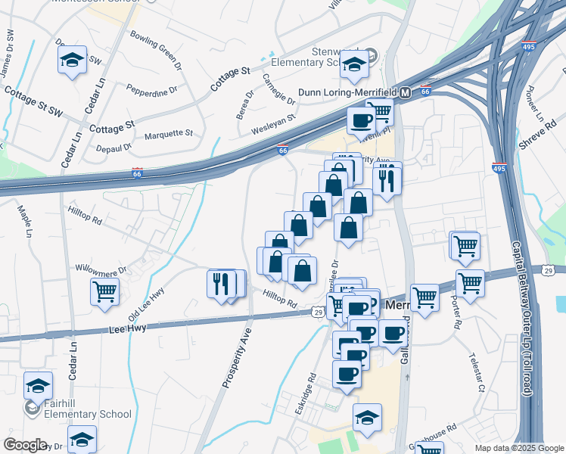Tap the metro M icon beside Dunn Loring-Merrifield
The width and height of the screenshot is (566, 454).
click(x=405, y=92)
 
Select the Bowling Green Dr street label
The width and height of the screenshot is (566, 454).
click(x=156, y=51)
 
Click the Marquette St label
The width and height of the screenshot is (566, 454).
click(x=169, y=133)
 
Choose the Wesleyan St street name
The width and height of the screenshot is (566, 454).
click(x=274, y=121)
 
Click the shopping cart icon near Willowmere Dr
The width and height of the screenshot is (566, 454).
click(x=104, y=291)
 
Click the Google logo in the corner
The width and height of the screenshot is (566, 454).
click(x=25, y=445)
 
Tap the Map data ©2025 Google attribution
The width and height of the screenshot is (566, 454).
click(x=518, y=448)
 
